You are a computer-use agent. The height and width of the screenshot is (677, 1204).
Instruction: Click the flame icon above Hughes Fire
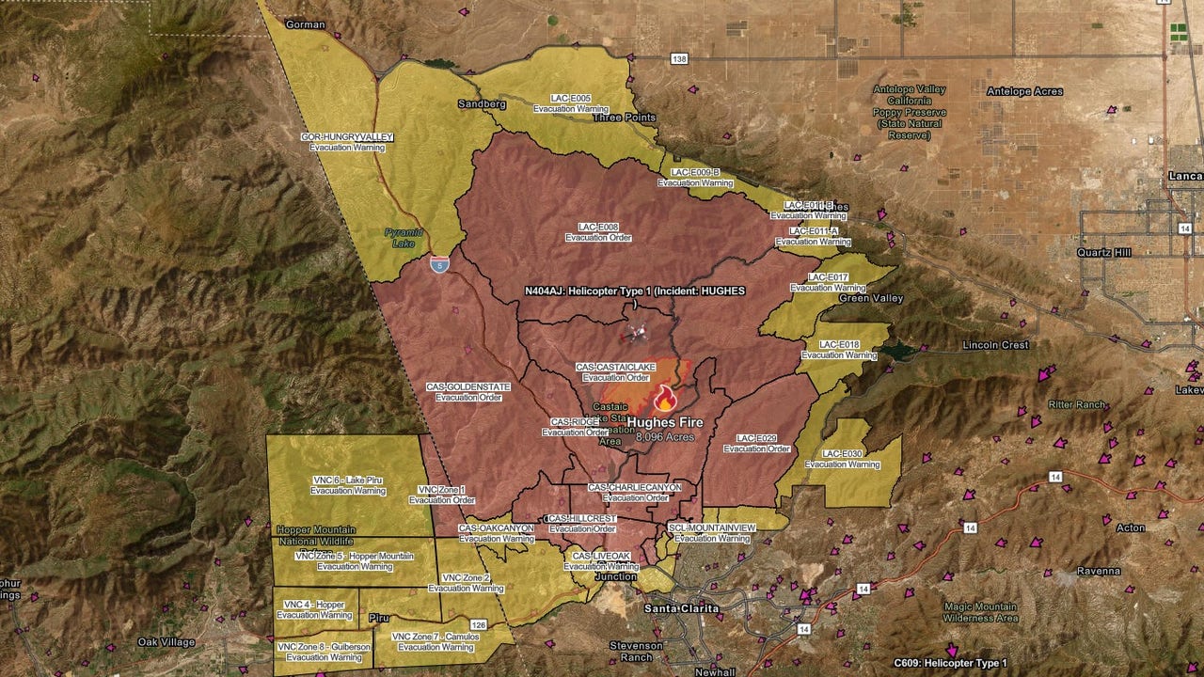[665, 399]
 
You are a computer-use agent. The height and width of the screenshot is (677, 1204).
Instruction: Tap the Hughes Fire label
[665, 423]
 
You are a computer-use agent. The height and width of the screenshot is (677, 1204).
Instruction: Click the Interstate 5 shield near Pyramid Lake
[439, 264]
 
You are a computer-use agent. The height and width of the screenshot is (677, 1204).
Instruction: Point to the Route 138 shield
[679, 58]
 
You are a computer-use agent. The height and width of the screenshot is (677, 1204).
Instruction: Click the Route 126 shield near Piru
[478, 624]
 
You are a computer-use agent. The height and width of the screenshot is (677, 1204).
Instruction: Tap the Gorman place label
[305, 24]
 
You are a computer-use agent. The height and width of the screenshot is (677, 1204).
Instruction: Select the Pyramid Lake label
[404, 237]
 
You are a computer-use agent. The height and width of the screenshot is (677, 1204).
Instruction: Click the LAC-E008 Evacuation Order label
[597, 232]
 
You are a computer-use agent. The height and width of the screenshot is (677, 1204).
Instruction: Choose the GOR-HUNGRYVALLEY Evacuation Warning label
[347, 142]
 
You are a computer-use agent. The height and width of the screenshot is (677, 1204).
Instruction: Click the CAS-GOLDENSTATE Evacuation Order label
[468, 391]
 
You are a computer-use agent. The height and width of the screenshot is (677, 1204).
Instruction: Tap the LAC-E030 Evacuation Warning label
[842, 459]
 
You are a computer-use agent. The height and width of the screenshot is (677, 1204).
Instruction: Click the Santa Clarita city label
[681, 608]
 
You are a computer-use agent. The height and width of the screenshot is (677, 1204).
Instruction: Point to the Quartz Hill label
[1104, 252]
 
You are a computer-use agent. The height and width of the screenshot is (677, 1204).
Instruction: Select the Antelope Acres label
[1024, 91]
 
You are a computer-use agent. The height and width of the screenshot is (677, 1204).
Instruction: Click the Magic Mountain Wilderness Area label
[981, 612]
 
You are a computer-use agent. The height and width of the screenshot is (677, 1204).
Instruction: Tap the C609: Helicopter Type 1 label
[950, 664]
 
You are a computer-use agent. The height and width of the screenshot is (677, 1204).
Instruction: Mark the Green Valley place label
[871, 298]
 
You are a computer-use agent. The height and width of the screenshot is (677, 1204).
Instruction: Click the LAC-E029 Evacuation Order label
[756, 443]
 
